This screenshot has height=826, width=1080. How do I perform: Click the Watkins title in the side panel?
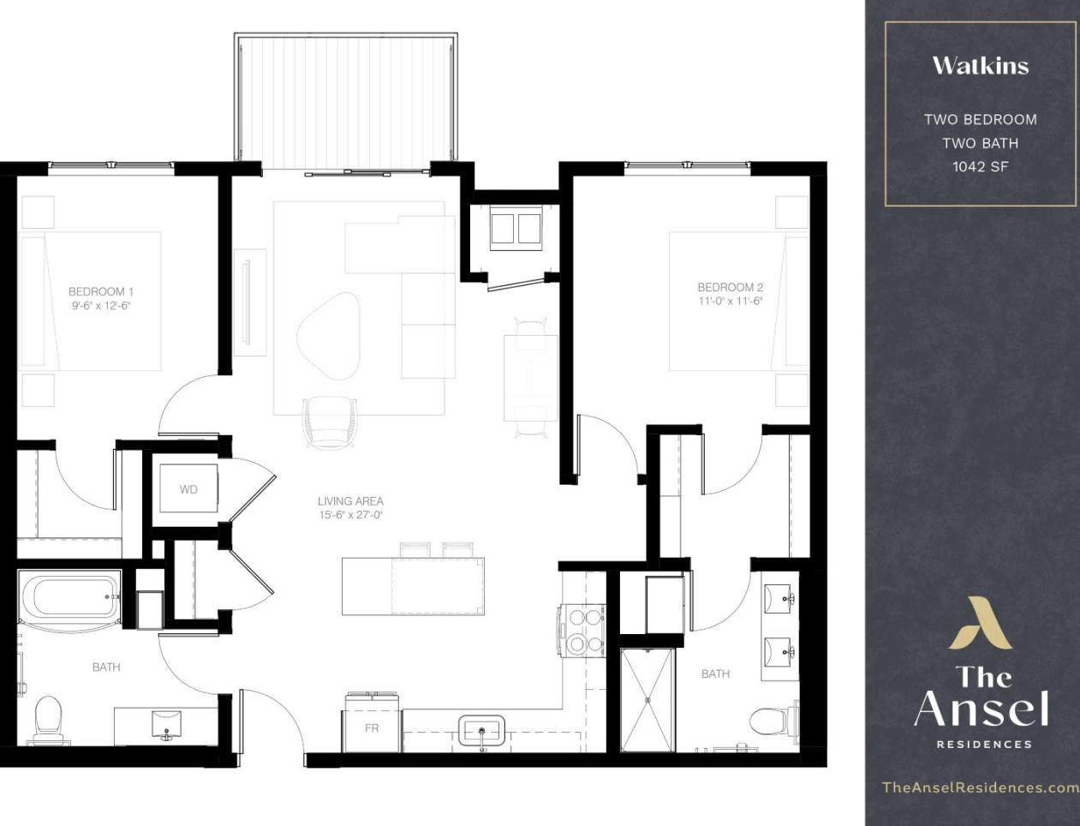[980, 66]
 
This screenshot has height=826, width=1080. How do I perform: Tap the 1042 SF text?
[980, 166]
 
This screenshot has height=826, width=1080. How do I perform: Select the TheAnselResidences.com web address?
[980, 787]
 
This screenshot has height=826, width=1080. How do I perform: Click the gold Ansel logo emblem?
[980, 624]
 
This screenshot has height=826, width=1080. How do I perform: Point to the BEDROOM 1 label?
[101, 291]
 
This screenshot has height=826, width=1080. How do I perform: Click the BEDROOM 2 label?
[730, 288]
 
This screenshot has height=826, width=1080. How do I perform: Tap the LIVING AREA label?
[350, 501]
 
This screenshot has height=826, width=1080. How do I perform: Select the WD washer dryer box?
[188, 489]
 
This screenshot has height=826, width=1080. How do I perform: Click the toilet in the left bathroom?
[49, 718]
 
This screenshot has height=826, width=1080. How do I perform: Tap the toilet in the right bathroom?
[771, 721]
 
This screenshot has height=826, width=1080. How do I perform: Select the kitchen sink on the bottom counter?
[481, 731]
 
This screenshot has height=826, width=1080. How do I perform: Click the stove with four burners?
[582, 630]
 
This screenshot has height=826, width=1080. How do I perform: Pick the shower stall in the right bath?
[647, 700]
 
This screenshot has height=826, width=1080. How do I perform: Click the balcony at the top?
[346, 99]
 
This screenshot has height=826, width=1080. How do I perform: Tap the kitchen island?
[413, 586]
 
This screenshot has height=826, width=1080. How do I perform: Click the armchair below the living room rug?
[329, 422]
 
